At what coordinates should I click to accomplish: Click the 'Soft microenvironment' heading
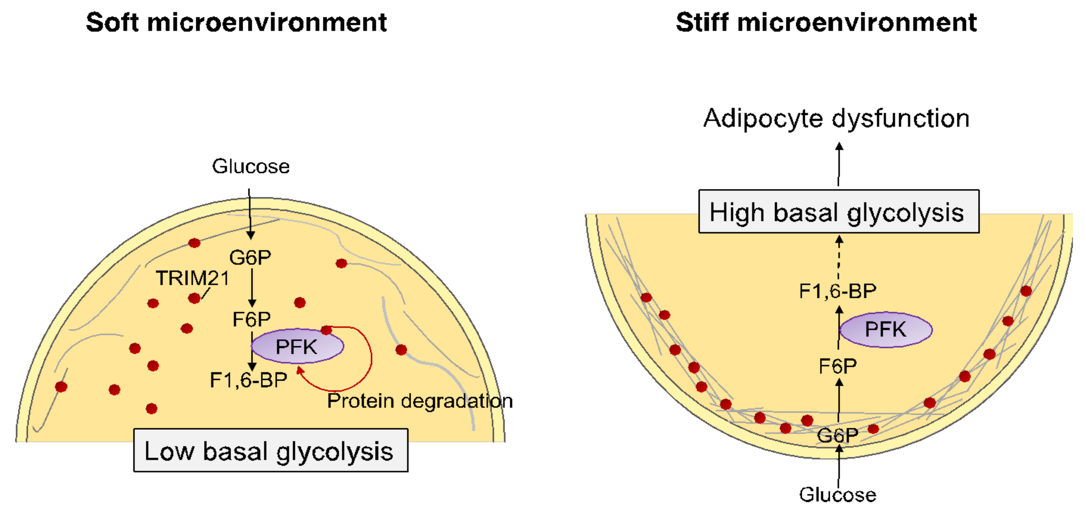(x=236, y=22)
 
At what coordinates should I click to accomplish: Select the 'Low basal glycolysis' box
(x=271, y=450)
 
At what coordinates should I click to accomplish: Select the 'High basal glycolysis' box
(x=838, y=211)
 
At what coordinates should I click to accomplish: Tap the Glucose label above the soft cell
(x=251, y=166)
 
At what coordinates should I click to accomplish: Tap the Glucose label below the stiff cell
(x=838, y=495)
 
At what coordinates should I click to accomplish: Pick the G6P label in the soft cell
(x=250, y=257)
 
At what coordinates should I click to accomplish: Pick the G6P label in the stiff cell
(x=837, y=435)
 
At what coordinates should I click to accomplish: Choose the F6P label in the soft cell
(x=251, y=319)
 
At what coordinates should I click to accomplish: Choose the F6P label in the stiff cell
(x=838, y=366)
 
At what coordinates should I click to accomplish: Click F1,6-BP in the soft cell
(x=248, y=380)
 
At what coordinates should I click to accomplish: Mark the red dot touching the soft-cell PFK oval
(x=326, y=330)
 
